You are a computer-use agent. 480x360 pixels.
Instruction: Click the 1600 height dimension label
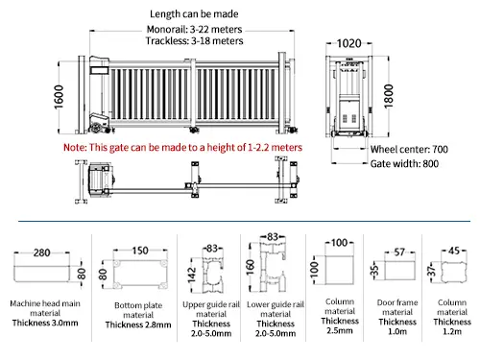59,97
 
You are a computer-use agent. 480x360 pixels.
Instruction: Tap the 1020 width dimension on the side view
348,43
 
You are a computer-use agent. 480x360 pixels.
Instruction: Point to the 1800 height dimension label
388,96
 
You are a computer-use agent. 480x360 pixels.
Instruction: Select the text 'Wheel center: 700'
409,149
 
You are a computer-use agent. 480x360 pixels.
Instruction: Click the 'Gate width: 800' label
404,164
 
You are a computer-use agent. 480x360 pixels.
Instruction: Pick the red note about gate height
182,147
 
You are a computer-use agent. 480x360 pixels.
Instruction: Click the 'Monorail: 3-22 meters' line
194,30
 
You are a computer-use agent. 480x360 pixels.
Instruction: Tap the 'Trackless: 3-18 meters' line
194,41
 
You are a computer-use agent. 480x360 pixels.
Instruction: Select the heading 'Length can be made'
194,14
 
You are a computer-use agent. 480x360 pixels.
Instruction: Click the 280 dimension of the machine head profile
41,252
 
